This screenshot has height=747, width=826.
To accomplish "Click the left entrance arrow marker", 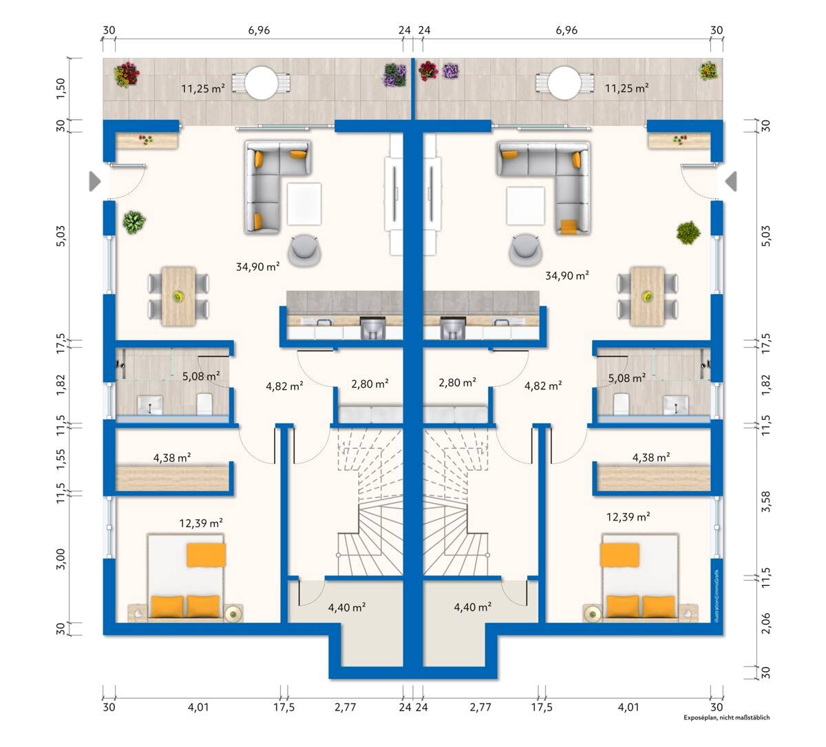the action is point(95,182).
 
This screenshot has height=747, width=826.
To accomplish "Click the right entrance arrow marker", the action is point(731,181).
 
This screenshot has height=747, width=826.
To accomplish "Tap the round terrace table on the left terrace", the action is point(261,83).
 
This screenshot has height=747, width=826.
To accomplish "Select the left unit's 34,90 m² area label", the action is point(257,266).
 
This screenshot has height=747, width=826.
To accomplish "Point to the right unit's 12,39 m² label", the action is point(628,516).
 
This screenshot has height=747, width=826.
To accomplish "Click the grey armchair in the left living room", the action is point(304,250).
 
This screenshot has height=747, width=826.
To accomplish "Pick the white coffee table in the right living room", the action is point(525,206).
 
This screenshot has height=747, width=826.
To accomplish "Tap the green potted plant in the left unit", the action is point(134,222).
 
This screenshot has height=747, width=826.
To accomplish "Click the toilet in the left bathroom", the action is point(204,403).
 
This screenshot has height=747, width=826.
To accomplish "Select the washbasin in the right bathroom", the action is point(676,405).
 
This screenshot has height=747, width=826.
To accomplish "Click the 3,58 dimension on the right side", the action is point(765,501).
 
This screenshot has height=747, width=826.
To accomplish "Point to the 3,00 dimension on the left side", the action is point(61,559).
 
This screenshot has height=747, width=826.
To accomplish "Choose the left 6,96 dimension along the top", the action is point(259,30).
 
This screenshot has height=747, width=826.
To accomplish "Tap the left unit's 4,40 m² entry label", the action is point(347,607).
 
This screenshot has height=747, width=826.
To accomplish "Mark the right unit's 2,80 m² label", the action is point(458,382).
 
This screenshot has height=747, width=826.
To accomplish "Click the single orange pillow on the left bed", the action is point(206,555).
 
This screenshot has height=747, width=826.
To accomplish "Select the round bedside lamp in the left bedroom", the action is point(234,614).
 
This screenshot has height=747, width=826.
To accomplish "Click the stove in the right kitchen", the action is point(453,328).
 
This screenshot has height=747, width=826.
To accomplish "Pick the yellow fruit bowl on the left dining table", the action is point(178,296).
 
